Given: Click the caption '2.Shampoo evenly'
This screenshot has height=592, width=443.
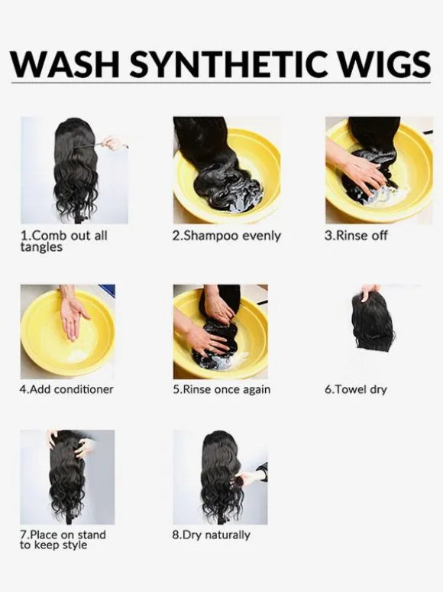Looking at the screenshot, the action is click(x=227, y=236).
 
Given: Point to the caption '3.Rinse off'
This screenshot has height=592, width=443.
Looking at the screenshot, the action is click(x=356, y=236).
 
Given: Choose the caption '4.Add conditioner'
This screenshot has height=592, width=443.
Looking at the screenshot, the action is click(x=66, y=389).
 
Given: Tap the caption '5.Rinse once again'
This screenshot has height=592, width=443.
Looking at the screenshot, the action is click(x=221, y=389).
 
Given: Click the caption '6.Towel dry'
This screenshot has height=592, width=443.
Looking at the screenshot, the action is click(x=356, y=389).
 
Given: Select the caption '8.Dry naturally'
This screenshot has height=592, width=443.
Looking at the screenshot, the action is click(x=211, y=535).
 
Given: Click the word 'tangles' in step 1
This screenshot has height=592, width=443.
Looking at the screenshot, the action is click(x=41, y=248).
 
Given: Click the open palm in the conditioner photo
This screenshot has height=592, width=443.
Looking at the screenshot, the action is click(x=74, y=318).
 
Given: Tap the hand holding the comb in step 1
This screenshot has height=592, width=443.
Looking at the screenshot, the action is click(x=112, y=144).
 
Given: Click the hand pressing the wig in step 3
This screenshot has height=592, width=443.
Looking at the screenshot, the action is click(x=359, y=170).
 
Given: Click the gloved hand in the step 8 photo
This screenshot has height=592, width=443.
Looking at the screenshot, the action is click(x=254, y=474).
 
